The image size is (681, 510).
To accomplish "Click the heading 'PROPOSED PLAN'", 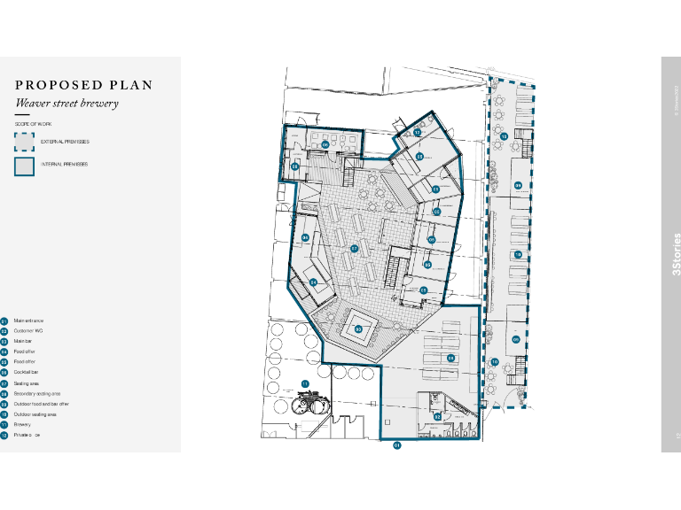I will (84, 86).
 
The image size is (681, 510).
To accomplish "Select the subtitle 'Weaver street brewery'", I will (67, 104).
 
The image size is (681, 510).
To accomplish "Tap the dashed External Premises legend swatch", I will (24, 142).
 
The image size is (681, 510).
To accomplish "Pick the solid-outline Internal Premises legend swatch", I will (24, 165).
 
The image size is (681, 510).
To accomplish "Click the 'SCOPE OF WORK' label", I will (34, 124).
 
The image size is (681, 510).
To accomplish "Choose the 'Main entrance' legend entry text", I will (28, 321).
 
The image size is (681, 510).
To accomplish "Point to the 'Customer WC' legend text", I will (28, 331).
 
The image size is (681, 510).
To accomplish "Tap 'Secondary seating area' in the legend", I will (37, 393).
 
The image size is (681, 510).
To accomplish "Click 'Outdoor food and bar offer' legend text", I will (41, 404).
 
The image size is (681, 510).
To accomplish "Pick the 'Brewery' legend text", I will (22, 424).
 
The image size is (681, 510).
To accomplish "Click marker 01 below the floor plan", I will (397, 445).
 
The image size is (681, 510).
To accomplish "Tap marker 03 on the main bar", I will (358, 328).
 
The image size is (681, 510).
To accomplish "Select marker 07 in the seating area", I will (354, 249).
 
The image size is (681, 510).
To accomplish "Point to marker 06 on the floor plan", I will (325, 144).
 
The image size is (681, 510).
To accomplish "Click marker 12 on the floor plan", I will (417, 133).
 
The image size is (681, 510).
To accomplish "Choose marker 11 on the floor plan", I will (304, 383).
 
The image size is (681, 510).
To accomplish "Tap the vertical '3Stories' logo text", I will (677, 255).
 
